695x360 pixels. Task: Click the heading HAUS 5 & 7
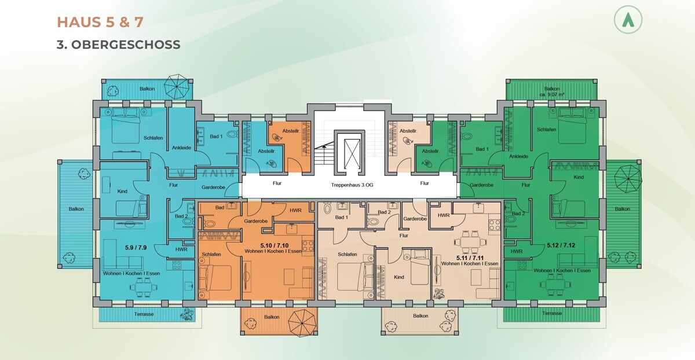pos(100,23)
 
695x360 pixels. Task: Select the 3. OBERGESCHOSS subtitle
pos(118,45)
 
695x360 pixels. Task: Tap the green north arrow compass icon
pos(628,20)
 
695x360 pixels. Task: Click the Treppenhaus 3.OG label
pos(352,185)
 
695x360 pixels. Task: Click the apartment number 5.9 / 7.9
pos(136,248)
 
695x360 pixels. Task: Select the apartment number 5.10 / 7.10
pos(275,245)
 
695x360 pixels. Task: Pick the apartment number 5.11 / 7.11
pos(470,258)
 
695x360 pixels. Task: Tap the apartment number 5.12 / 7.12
pos(561,245)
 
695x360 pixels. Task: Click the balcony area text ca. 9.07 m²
pos(551,94)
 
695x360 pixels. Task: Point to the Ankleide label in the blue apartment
pos(181,148)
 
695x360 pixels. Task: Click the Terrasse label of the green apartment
pos(552,313)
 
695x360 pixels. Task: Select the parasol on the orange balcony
pos(302,323)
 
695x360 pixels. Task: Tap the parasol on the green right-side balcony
pos(628,179)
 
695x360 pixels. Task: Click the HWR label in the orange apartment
pos(295,210)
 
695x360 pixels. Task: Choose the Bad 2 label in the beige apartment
pos(384,212)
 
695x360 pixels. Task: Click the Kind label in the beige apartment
pos(399,277)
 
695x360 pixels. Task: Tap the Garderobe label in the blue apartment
pos(213,188)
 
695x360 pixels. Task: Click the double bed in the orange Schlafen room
pos(215,277)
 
